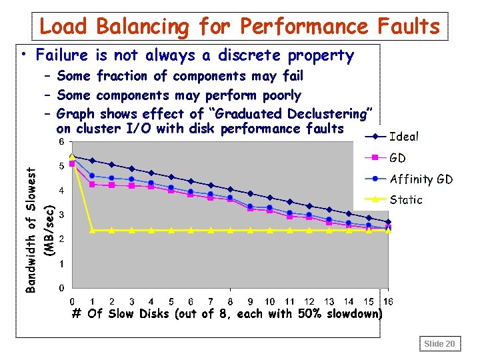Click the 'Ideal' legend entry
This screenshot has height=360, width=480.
tap(403, 137)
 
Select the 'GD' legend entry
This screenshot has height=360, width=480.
tap(397, 158)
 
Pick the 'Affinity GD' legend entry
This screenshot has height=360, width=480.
tap(421, 179)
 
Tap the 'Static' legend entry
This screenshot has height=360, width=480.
tap(405, 199)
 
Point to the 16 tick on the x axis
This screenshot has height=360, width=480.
tap(389, 301)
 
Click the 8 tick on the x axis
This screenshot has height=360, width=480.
tap(230, 301)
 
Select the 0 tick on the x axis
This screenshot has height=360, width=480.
tap(72, 301)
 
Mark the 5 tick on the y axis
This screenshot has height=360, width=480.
tap(61, 166)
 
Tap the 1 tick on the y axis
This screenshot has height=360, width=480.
tap(61, 264)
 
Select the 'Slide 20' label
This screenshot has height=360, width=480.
tap(439, 343)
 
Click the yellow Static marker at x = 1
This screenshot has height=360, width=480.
tap(92, 231)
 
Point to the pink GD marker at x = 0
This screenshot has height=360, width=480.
tap(72, 163)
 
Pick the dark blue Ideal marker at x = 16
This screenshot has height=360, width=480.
tap(389, 222)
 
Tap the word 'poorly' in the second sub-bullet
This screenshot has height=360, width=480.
tap(282, 95)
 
